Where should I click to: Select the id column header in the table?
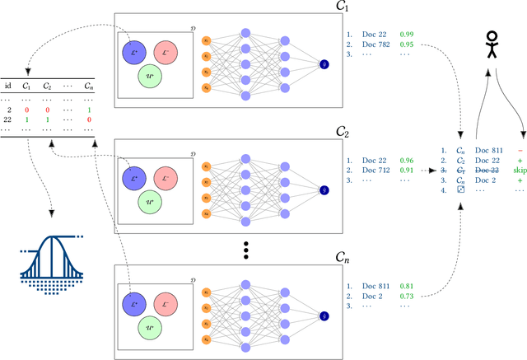(x=7, y=85)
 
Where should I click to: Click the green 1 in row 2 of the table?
(x=89, y=108)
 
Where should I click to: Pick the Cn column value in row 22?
(x=89, y=120)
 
